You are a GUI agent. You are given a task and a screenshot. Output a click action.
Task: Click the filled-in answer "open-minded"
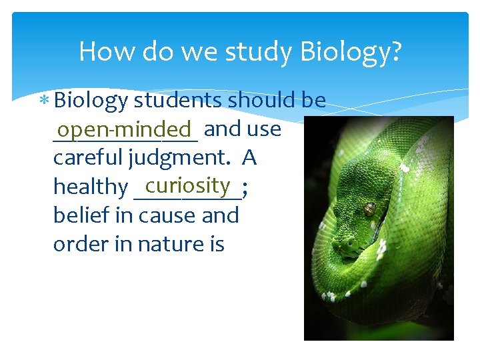click(124, 128)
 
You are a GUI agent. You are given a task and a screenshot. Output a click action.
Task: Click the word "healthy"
click(90, 187)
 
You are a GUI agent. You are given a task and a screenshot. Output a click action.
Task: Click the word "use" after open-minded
click(267, 129)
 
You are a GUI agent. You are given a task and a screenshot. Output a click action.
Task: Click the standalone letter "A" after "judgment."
click(249, 158)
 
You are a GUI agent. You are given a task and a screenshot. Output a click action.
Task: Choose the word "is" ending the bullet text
click(217, 245)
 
